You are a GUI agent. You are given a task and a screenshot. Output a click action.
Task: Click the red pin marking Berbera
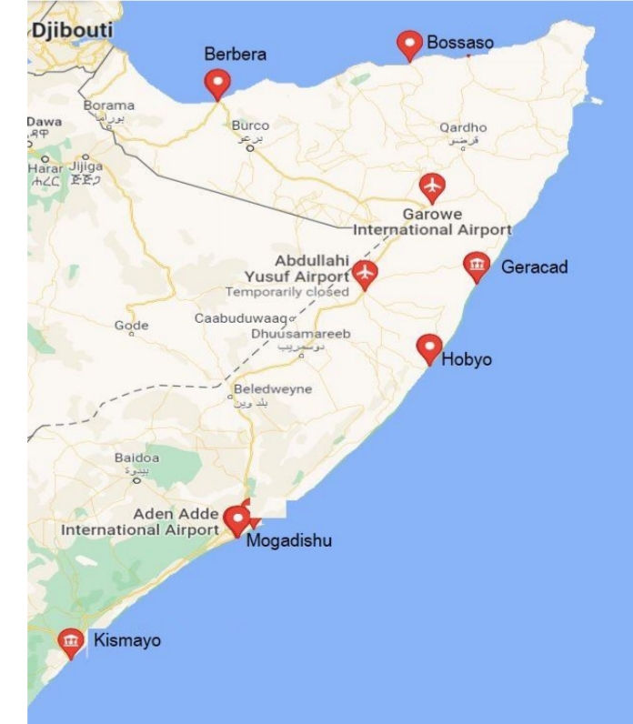click(216, 84)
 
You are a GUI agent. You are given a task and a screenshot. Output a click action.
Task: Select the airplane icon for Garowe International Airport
click(433, 187)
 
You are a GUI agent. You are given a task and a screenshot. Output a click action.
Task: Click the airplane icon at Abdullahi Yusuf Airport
click(365, 272)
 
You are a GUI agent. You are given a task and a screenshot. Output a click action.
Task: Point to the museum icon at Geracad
click(475, 266)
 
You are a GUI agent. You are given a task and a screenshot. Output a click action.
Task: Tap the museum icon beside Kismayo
click(70, 642)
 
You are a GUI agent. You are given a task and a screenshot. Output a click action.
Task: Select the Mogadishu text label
click(289, 541)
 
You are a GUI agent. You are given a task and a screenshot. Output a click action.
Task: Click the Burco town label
click(251, 126)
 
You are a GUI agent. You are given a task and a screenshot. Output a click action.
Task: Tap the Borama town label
click(109, 106)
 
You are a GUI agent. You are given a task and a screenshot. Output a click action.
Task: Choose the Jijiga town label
click(86, 167)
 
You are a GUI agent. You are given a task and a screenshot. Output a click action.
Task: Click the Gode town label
click(131, 326)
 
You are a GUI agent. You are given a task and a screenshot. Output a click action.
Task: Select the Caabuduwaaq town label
click(239, 318)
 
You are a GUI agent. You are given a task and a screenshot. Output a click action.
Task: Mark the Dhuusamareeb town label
click(300, 334)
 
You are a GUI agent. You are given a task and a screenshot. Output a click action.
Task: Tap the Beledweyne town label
click(273, 389)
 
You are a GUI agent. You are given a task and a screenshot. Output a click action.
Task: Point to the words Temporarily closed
click(286, 292)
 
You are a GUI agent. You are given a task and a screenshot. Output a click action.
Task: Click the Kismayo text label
click(127, 640)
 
